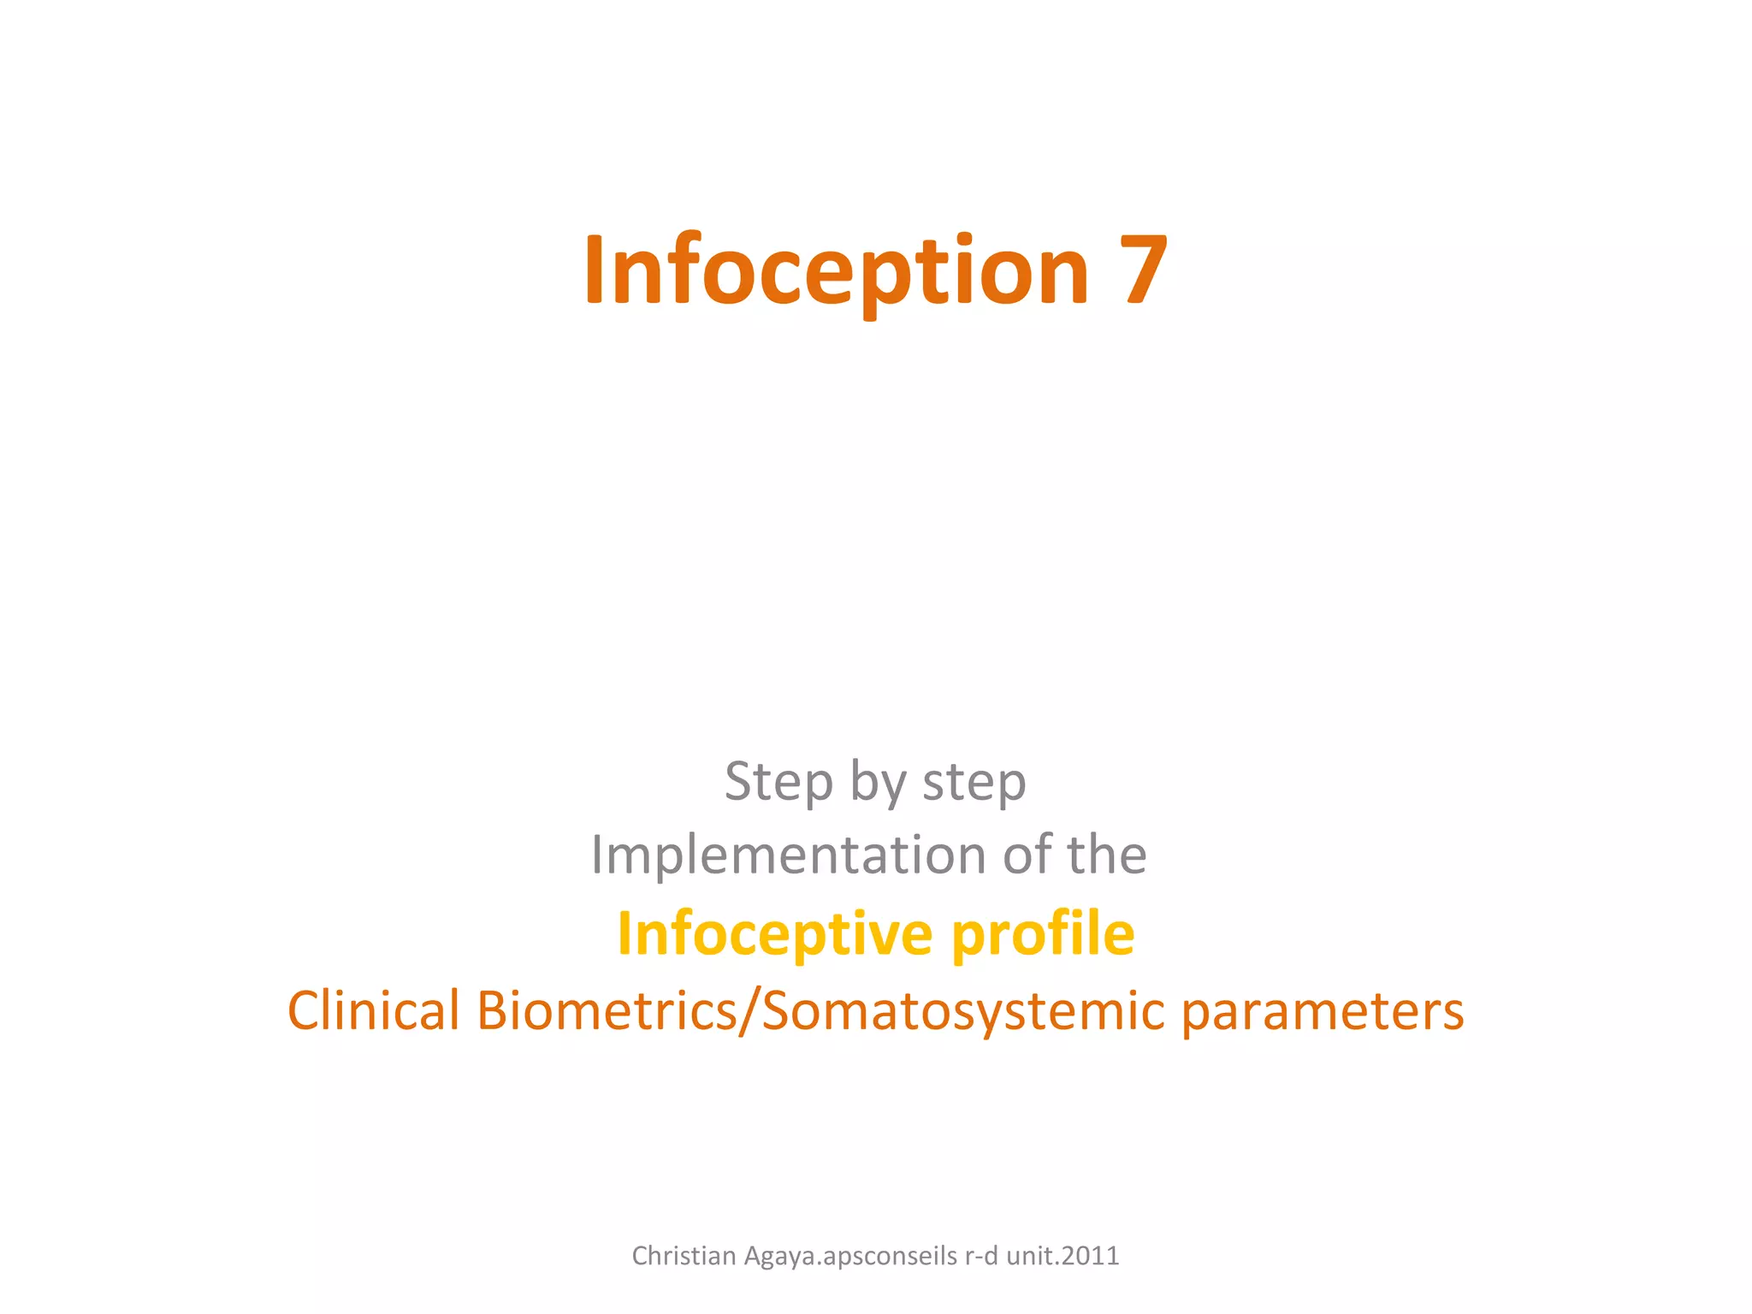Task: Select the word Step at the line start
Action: tap(778, 783)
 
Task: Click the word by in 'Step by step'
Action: tap(878, 783)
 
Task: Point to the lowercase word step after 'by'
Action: tap(974, 783)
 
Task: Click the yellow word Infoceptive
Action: tap(774, 934)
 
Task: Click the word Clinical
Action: tap(374, 1011)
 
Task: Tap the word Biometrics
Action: tap(607, 1011)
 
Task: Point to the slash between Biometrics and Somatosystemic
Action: tap(749, 1011)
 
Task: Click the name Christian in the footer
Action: tap(684, 1256)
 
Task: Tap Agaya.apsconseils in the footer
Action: tap(851, 1256)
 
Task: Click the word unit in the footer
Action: tap(1029, 1256)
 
